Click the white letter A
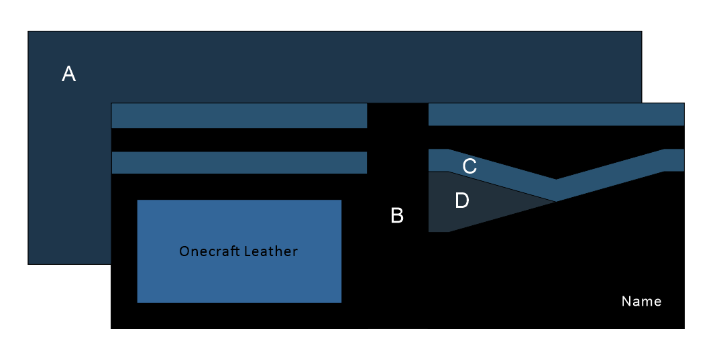[68, 74]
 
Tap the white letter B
[397, 216]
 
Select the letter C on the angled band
[469, 166]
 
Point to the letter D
[462, 200]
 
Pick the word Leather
[270, 252]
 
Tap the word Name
[641, 302]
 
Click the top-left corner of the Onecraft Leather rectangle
[137, 200]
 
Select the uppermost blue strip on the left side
[239, 115]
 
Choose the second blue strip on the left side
[239, 163]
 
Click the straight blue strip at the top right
[555, 115]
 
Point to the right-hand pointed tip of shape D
[554, 201]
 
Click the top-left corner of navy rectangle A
[28, 32]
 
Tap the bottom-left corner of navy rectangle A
[28, 263]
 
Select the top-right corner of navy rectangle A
[641, 32]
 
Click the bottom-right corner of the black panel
[683, 328]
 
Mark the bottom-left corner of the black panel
[111, 328]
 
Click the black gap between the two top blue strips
[397, 115]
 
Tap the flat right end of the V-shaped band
[675, 160]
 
